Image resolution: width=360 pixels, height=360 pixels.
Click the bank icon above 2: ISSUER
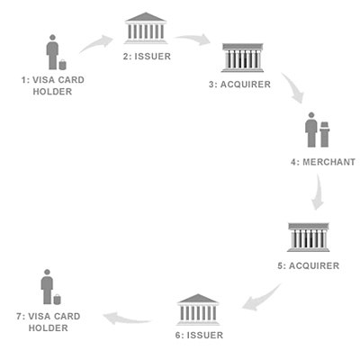(x=146, y=28)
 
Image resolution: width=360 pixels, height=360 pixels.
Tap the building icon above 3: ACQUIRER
(x=242, y=58)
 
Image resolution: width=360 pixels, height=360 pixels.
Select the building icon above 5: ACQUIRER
(x=309, y=238)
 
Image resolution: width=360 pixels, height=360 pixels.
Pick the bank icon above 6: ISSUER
(x=198, y=310)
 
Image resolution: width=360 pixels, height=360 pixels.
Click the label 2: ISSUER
(x=147, y=57)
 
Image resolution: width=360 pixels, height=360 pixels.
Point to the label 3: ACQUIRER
(x=240, y=85)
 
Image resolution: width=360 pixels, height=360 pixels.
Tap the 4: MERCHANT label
(x=323, y=162)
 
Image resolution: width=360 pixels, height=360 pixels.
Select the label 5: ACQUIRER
(x=309, y=265)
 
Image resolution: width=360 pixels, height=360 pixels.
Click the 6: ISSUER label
(x=199, y=335)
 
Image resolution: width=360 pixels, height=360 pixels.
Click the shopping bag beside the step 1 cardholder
(x=63, y=65)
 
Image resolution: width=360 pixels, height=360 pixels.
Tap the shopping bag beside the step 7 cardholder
(x=57, y=300)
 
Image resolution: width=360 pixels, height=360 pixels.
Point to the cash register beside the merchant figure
(x=325, y=134)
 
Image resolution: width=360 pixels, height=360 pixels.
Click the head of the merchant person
(x=311, y=115)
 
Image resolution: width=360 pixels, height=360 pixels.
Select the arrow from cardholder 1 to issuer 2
(x=95, y=43)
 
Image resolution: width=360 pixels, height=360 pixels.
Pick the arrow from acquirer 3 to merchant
(x=293, y=87)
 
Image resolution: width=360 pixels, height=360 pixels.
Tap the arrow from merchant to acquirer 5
(x=318, y=192)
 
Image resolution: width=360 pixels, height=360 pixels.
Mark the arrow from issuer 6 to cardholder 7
(x=127, y=319)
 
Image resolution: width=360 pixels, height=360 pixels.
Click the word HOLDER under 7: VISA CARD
(x=49, y=328)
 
